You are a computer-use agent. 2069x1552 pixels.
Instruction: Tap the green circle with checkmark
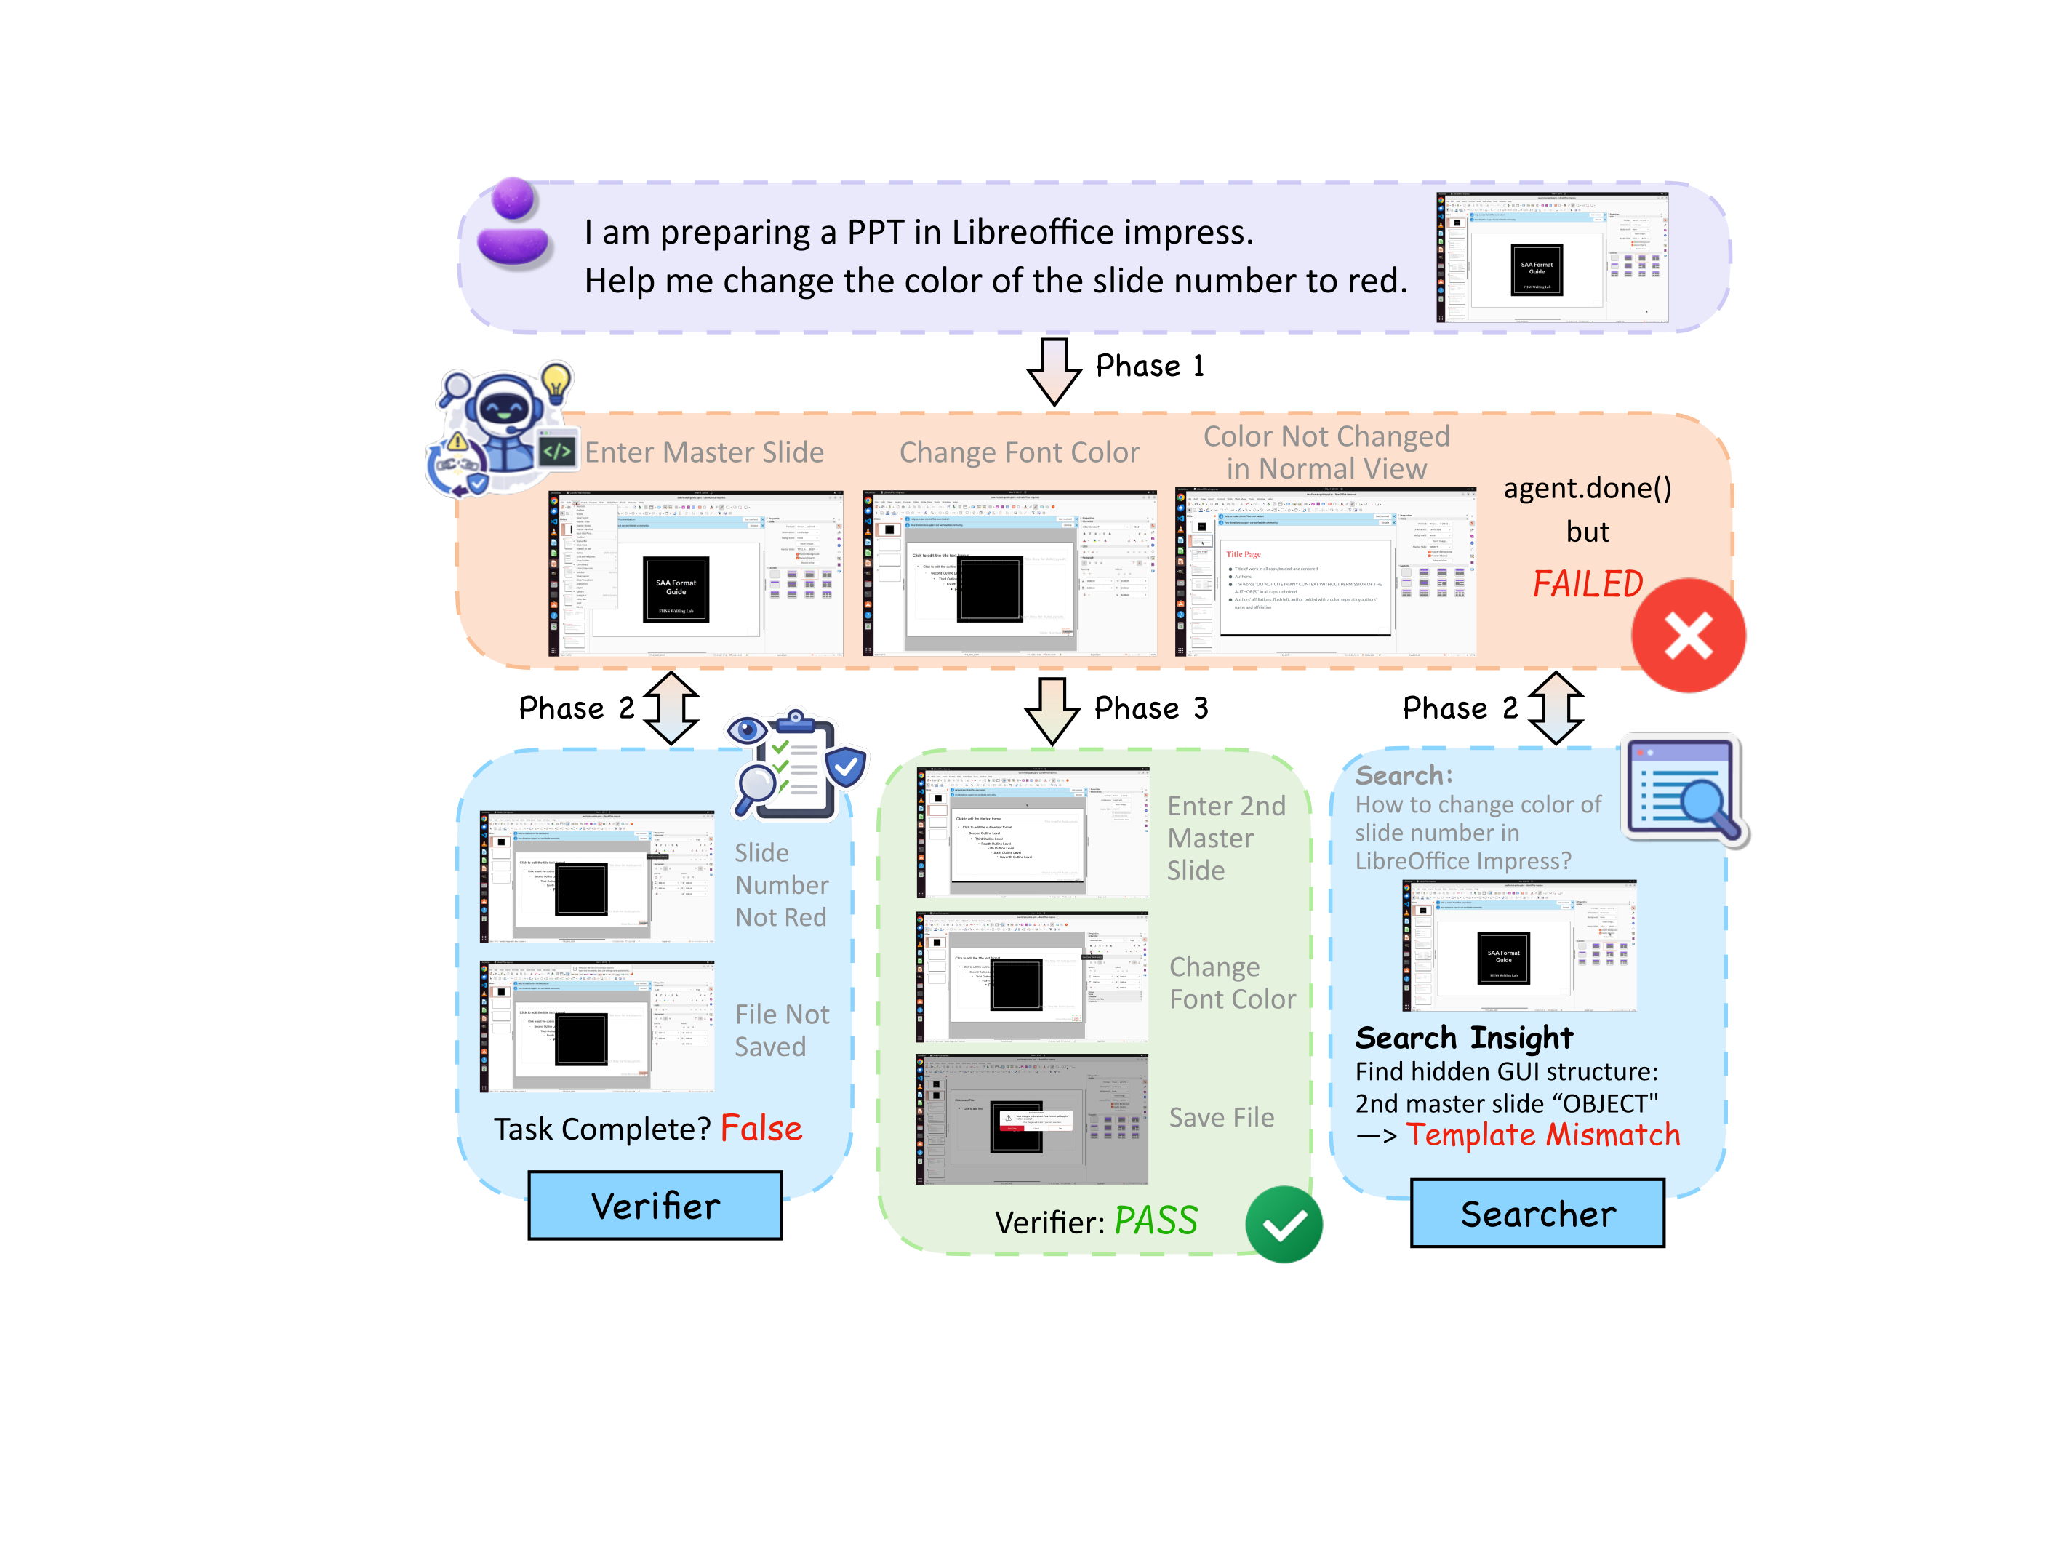pyautogui.click(x=1284, y=1225)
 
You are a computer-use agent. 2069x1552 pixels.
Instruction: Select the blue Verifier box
pyautogui.click(x=655, y=1205)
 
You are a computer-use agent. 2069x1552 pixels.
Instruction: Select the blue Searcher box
pyautogui.click(x=1537, y=1213)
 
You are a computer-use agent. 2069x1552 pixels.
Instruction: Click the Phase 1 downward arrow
pyautogui.click(x=1054, y=372)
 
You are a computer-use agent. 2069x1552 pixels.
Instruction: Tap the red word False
pyautogui.click(x=761, y=1128)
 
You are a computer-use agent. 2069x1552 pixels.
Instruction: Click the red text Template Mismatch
pyautogui.click(x=1542, y=1135)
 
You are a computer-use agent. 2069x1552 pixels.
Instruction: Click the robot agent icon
pyautogui.click(x=503, y=425)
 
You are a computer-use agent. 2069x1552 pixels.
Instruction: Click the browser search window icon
pyautogui.click(x=1684, y=788)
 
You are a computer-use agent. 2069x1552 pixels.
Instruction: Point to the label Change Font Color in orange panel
pyautogui.click(x=1019, y=453)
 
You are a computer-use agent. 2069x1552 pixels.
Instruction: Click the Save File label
pyautogui.click(x=1220, y=1117)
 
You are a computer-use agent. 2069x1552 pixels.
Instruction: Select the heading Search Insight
pyautogui.click(x=1463, y=1038)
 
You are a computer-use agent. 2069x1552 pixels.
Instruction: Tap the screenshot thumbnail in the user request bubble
pyautogui.click(x=1552, y=257)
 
